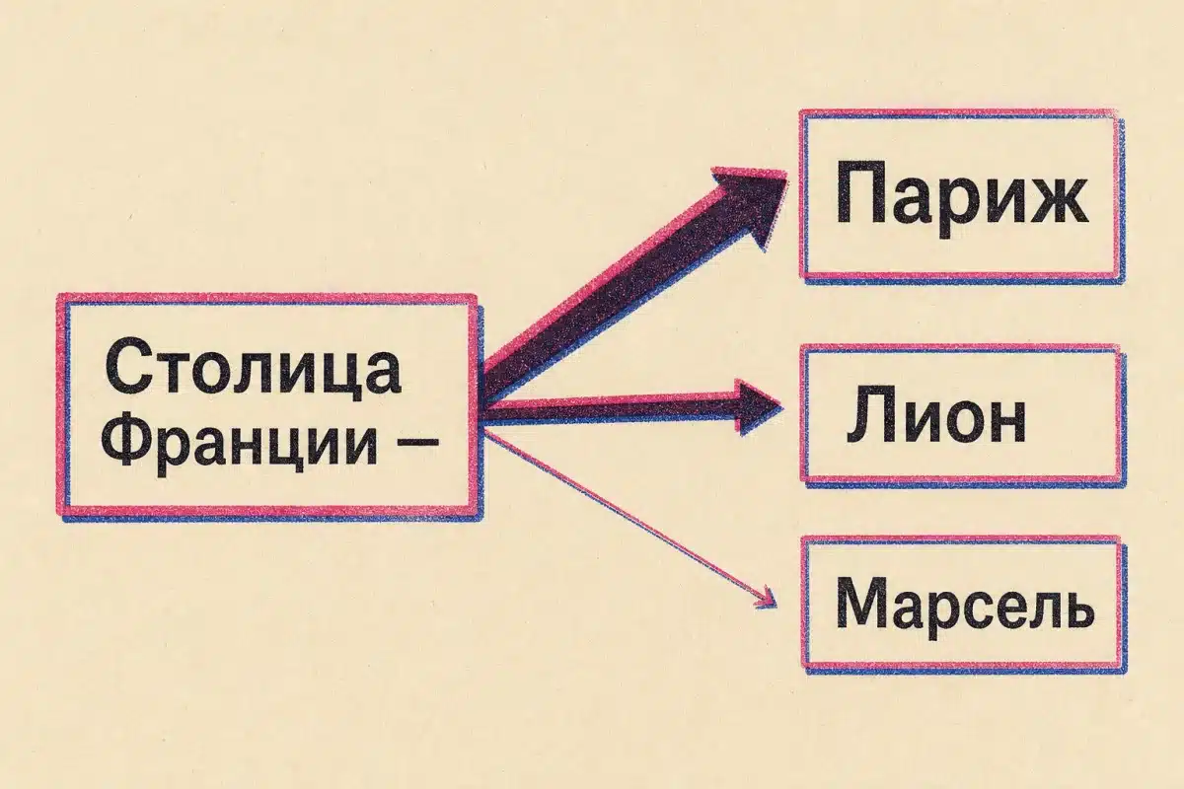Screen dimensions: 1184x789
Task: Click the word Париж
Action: (x=962, y=202)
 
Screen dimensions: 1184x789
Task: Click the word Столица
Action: (x=253, y=370)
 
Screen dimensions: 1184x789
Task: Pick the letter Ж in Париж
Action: (x=1049, y=204)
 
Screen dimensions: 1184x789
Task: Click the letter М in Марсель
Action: (x=861, y=604)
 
